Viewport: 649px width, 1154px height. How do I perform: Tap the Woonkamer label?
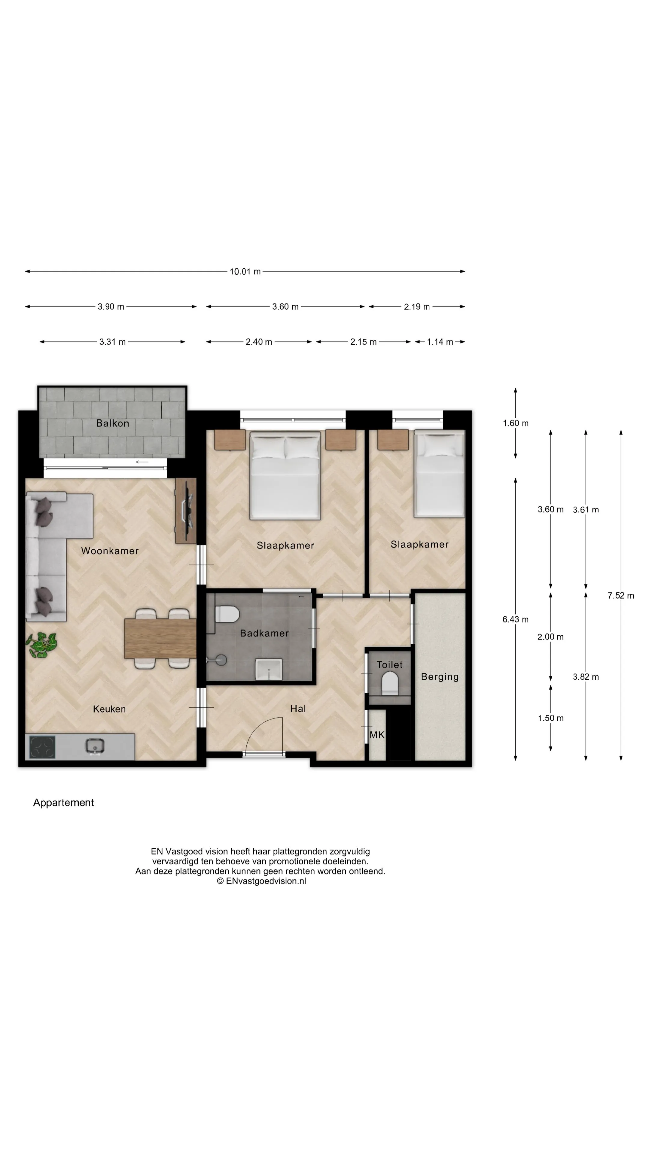point(110,551)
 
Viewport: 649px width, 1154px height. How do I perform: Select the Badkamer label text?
point(264,633)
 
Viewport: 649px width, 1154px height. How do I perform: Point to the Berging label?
point(440,677)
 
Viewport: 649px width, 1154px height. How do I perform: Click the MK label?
point(377,735)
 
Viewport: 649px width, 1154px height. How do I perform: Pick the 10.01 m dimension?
point(245,271)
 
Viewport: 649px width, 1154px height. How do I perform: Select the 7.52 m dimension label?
point(621,595)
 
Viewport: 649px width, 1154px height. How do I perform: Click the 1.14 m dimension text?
point(440,342)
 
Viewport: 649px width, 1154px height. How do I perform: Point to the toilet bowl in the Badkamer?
point(227,614)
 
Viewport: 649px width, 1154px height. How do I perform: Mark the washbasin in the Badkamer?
point(269,669)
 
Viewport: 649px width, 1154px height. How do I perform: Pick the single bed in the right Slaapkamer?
point(439,474)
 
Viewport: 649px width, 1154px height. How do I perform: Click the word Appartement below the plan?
point(64,803)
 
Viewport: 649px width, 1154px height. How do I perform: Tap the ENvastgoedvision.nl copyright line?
point(262,881)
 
